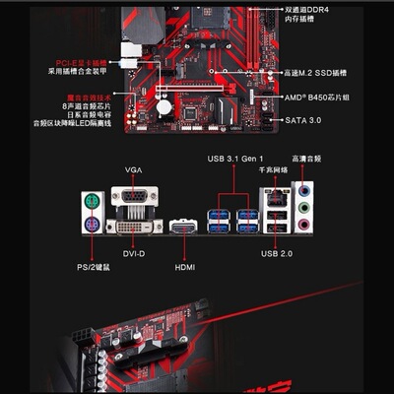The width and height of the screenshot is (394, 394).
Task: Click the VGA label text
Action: pyautogui.click(x=134, y=169)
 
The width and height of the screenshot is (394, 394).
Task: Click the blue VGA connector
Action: pyautogui.click(x=134, y=201)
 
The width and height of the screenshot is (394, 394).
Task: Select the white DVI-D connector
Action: pyautogui.click(x=134, y=225)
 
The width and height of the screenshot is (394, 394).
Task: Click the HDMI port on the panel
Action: pyautogui.click(x=183, y=228)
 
